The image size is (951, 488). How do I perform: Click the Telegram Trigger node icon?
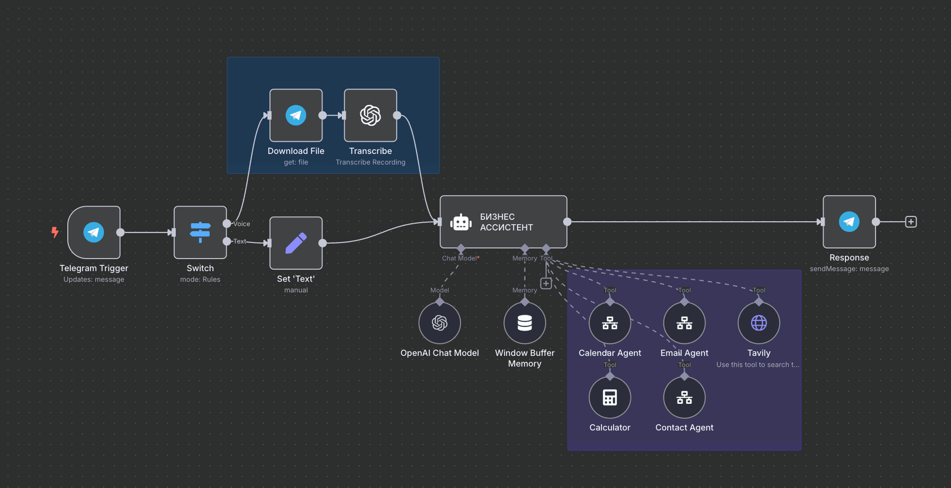94,232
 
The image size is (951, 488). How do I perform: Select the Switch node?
200,232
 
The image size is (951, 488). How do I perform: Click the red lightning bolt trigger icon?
55,232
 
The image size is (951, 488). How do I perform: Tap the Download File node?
296,115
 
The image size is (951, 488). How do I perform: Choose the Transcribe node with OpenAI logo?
370,115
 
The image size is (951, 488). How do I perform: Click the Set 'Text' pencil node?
296,243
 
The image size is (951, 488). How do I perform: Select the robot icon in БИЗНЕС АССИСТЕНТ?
461,222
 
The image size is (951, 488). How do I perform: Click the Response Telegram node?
849,221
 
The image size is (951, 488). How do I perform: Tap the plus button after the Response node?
910,221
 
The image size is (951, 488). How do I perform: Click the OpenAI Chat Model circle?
439,323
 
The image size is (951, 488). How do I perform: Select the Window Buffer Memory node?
525,323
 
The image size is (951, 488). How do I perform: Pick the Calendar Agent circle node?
610,323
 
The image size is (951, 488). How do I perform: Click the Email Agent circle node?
684,323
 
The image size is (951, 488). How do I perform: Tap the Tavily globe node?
758,323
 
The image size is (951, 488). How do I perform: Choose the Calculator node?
610,397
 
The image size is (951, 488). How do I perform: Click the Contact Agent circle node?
684,397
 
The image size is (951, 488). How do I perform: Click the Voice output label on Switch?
242,224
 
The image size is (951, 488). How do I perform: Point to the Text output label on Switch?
240,241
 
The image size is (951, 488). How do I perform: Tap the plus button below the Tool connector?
546,283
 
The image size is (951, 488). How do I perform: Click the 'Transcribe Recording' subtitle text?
370,162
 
